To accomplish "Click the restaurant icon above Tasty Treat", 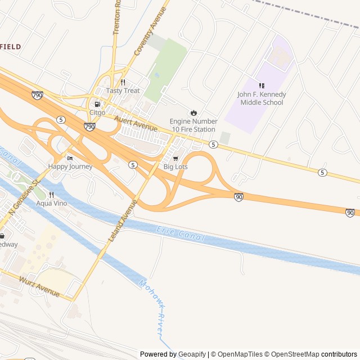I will [123, 82].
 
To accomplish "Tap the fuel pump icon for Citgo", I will [98, 104].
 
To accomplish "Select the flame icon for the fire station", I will [193, 112].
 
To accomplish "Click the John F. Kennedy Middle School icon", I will [262, 85].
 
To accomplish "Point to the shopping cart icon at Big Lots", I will [175, 159].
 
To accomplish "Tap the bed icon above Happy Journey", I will [70, 158].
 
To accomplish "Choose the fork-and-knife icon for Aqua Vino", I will [51, 195].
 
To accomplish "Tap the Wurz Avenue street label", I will [39, 286].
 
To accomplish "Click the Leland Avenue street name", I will [122, 221].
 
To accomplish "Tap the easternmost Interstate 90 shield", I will [350, 213].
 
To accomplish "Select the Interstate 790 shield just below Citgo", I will [89, 127].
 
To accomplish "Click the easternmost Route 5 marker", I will [322, 172].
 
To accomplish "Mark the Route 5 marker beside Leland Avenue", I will [133, 164].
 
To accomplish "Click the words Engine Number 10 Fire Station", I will [193, 125].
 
